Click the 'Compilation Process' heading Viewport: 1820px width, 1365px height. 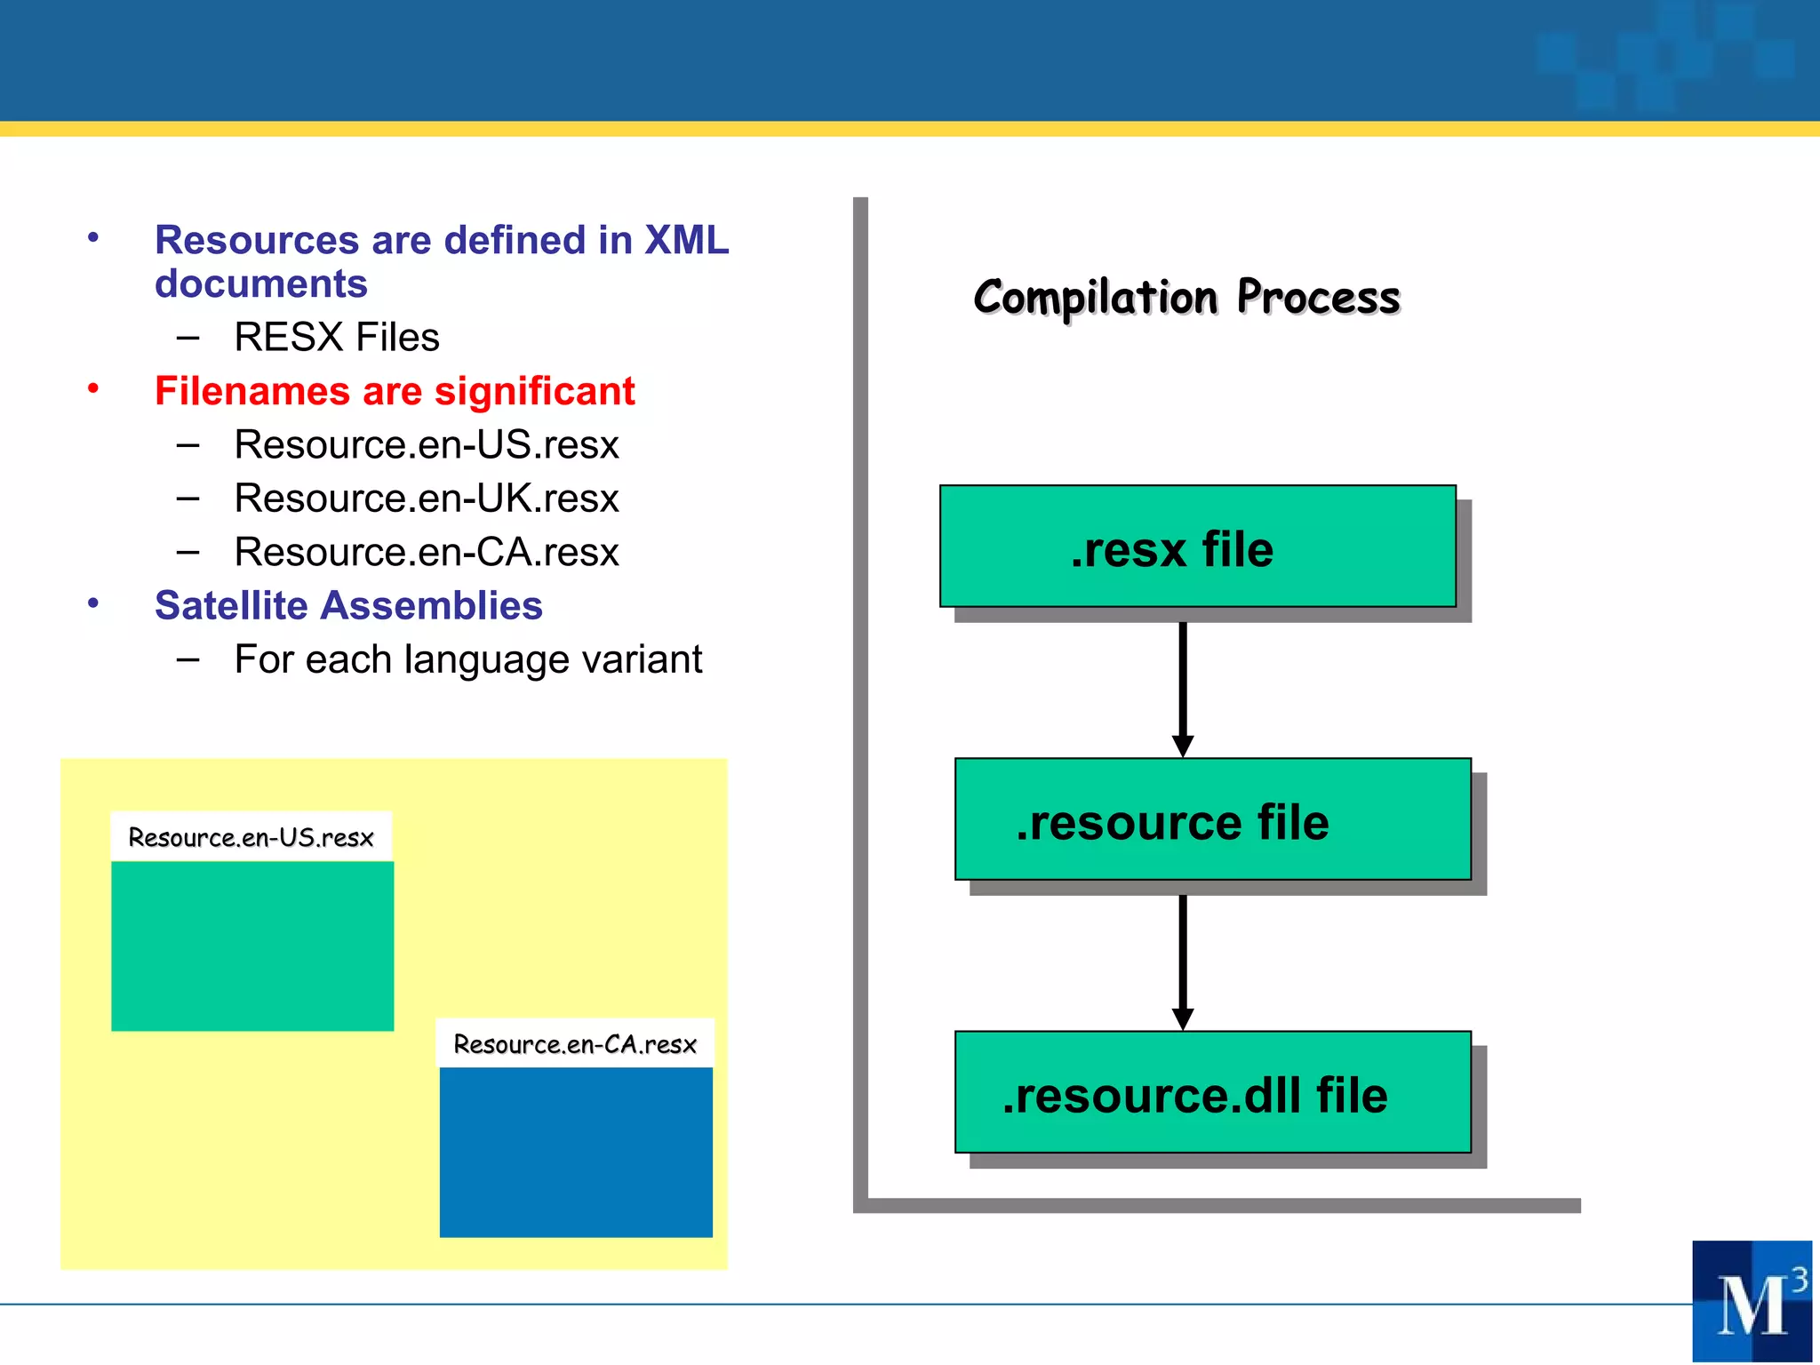pyautogui.click(x=1186, y=297)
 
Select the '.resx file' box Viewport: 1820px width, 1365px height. pyautogui.click(x=1197, y=547)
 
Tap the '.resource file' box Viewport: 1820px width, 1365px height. pyautogui.click(x=1212, y=819)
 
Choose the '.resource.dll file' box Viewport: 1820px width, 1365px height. pyautogui.click(x=1212, y=1092)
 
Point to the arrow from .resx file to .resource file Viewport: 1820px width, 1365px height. pyautogui.click(x=1183, y=684)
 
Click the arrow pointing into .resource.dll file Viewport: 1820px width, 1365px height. pyautogui.click(x=1183, y=960)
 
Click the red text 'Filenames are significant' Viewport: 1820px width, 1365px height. pyautogui.click(x=395, y=391)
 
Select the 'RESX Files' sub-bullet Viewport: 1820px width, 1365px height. pyautogui.click(x=336, y=337)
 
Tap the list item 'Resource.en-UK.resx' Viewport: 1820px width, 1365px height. pyautogui.click(x=426, y=498)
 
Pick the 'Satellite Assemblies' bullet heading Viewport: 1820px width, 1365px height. pyautogui.click(x=348, y=605)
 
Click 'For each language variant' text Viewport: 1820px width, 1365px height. pyautogui.click(x=467, y=659)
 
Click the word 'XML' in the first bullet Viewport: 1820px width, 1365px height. pyautogui.click(x=686, y=240)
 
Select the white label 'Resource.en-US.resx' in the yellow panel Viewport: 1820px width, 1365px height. pyautogui.click(x=251, y=836)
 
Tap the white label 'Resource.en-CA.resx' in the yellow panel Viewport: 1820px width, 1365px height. pyautogui.click(x=575, y=1043)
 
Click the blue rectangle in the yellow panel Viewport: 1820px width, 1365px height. pyautogui.click(x=576, y=1152)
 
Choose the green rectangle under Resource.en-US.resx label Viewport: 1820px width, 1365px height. pyautogui.click(x=252, y=946)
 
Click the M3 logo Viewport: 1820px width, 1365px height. pyautogui.click(x=1752, y=1301)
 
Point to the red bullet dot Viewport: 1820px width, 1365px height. pyautogui.click(x=93, y=388)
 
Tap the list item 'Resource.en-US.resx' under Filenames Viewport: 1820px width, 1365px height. pyautogui.click(x=426, y=444)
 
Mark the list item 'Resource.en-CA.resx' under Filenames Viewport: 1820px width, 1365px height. pyautogui.click(x=426, y=552)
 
